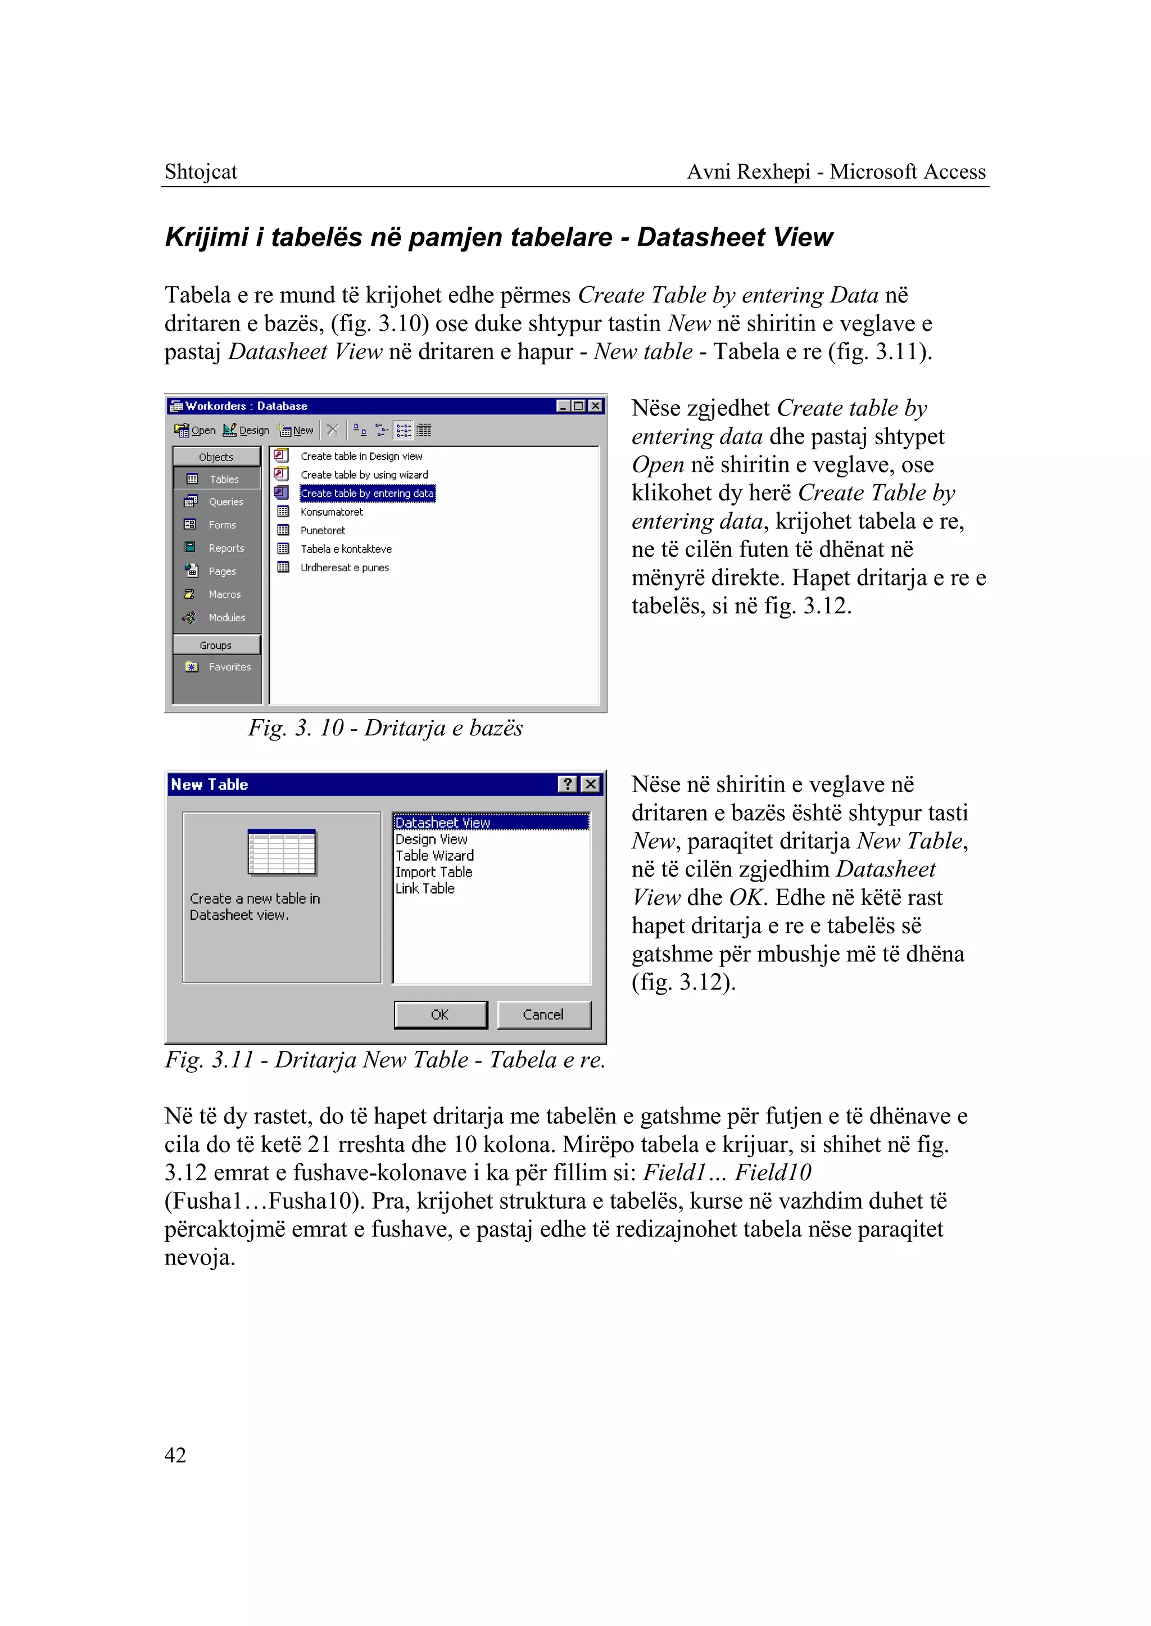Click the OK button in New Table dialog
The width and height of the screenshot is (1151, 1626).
(440, 1014)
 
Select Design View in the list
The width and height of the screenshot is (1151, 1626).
(431, 839)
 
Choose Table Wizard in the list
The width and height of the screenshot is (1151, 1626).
(434, 855)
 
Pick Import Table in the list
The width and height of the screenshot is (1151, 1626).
(434, 871)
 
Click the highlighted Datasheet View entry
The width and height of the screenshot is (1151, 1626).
(443, 823)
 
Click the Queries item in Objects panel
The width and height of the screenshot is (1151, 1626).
(225, 502)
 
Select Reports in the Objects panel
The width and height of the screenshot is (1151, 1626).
(225, 548)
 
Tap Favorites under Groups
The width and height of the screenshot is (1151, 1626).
(228, 667)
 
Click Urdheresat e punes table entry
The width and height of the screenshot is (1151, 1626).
(345, 567)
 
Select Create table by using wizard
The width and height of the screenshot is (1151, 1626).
(364, 475)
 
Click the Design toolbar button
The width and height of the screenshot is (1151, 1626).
(247, 430)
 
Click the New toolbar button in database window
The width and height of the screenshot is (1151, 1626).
(296, 430)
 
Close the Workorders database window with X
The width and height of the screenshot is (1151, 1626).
(595, 405)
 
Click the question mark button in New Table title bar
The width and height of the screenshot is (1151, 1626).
(568, 784)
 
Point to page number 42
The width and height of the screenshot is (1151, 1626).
(175, 1455)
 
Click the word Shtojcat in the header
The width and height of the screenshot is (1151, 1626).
(201, 171)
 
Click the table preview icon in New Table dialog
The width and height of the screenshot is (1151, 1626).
(282, 852)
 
